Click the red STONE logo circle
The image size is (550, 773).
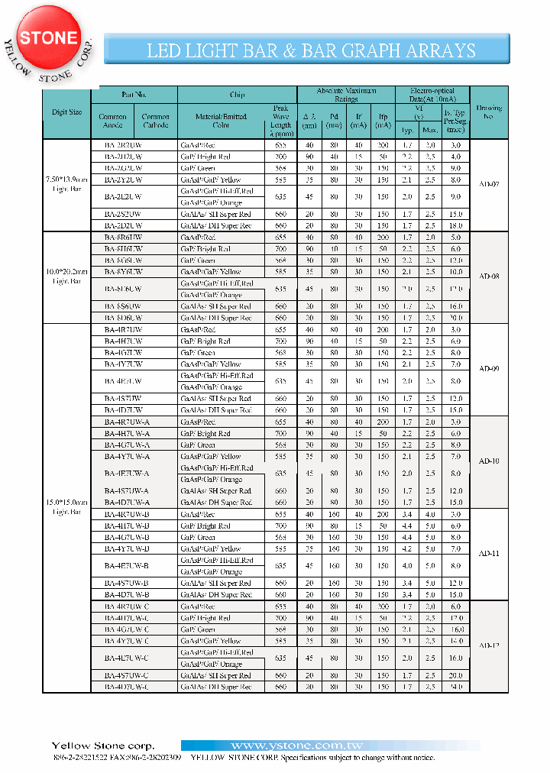48,38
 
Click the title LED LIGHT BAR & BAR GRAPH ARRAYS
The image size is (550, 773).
312,51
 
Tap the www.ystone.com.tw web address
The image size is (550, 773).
297,746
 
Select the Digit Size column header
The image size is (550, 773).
67,112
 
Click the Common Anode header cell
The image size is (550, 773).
113,121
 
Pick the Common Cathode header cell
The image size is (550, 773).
156,121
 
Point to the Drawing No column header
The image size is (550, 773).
489,113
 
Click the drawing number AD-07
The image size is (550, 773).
489,185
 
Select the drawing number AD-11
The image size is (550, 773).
489,553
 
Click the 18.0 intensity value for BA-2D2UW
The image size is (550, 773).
455,225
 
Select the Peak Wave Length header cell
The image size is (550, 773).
280,117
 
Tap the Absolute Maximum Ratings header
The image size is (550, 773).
346,95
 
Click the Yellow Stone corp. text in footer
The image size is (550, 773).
103,746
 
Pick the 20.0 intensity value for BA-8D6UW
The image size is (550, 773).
455,318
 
